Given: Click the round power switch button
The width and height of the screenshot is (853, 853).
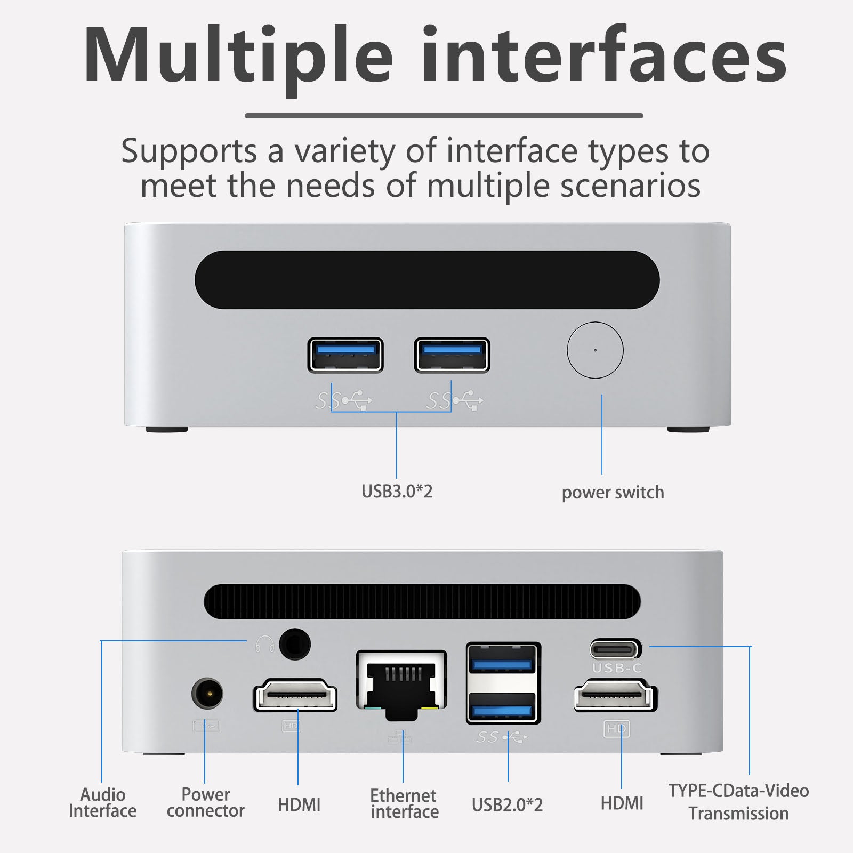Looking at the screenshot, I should (595, 350).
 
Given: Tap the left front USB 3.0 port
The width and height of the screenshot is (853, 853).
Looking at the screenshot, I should (345, 355).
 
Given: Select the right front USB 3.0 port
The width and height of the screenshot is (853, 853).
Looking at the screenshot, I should (452, 355).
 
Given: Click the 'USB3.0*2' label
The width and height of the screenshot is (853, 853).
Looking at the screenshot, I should (397, 491).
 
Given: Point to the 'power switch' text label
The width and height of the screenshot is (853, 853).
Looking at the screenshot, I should (613, 492).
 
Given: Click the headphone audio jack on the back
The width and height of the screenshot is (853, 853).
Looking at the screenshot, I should (295, 645).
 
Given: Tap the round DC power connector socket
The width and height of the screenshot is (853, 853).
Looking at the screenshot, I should (207, 694).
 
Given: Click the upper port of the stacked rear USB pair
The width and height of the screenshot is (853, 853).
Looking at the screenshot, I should (503, 664).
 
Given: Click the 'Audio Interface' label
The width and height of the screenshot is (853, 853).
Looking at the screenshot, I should (102, 803).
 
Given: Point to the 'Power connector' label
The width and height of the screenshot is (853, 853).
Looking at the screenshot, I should (205, 802).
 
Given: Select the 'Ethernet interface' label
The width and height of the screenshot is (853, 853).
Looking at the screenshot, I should (404, 803).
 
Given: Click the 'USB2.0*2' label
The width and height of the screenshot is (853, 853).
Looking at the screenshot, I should (507, 804).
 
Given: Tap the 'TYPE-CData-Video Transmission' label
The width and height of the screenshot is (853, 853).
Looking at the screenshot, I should (738, 802).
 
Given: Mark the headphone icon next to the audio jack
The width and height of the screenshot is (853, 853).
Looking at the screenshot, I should (264, 645).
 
